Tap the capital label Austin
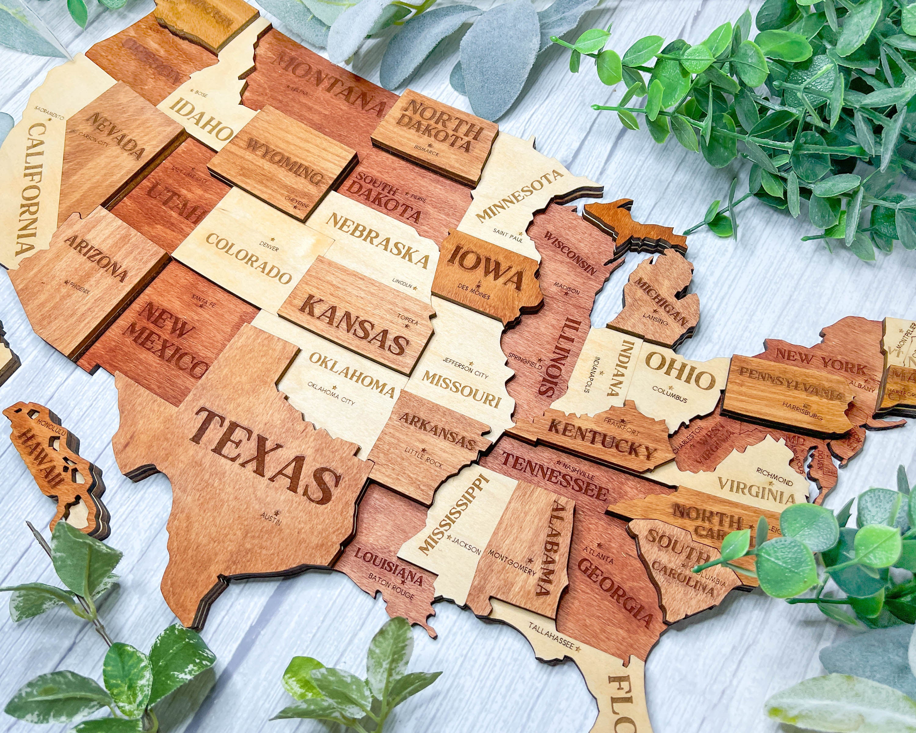click(271, 519)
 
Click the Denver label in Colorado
click(268, 246)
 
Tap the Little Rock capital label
click(423, 457)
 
